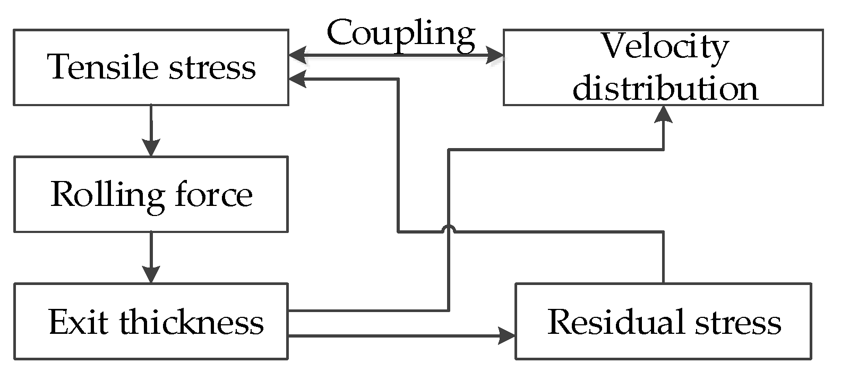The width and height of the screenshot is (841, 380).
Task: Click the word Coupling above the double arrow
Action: tap(401, 34)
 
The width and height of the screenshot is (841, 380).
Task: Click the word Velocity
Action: tap(665, 47)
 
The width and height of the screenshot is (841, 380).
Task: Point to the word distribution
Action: tap(665, 88)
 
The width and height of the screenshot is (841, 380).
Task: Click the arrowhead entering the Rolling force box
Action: tap(151, 148)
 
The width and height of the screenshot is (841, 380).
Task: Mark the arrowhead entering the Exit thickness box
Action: tap(151, 275)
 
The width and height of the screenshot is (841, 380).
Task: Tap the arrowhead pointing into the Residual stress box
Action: tap(507, 335)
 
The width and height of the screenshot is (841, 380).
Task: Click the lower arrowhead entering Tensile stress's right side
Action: tap(297, 79)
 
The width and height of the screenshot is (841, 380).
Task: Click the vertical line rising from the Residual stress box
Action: tap(664, 257)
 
